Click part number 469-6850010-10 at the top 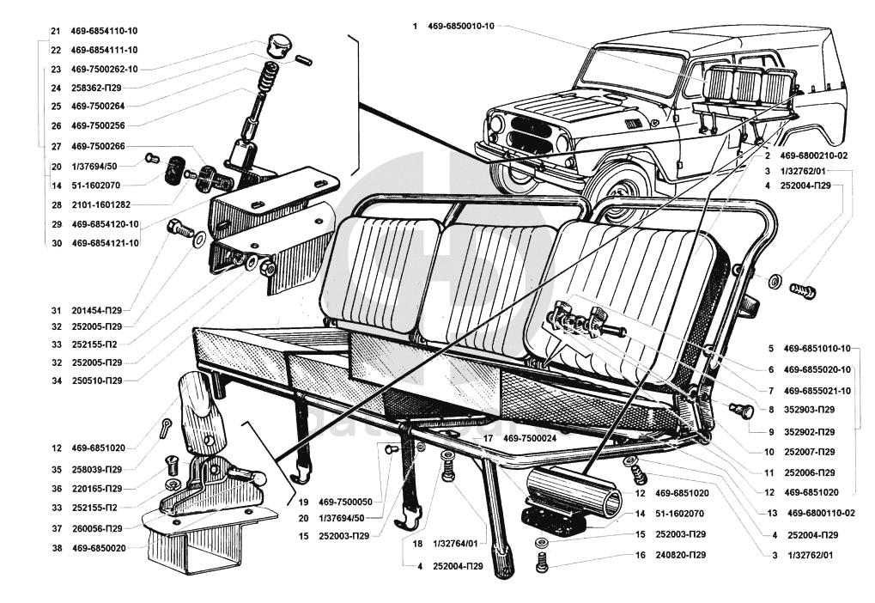tap(465, 27)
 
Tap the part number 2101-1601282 tap(106, 205)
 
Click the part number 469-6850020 tap(99, 547)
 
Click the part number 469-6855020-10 tap(817, 369)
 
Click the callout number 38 tap(56, 547)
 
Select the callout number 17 tap(488, 438)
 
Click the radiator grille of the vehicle tap(533, 139)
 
